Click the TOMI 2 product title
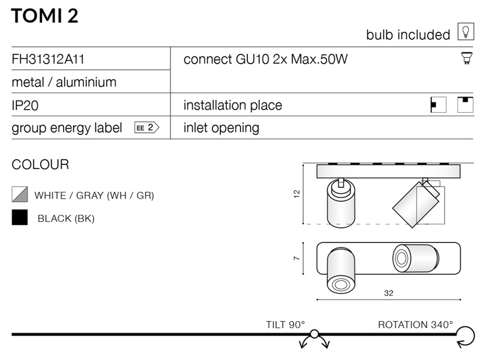click(x=44, y=16)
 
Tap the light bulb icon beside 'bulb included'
click(x=466, y=32)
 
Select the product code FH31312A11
click(x=48, y=59)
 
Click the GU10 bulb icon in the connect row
click(x=466, y=58)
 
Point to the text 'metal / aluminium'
click(x=64, y=82)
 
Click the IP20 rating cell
click(x=25, y=106)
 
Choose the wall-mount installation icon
click(x=438, y=105)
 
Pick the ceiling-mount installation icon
click(x=465, y=104)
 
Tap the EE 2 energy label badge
click(x=146, y=127)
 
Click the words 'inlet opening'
click(x=221, y=128)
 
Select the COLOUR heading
click(x=40, y=164)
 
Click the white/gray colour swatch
click(x=20, y=194)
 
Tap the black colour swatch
click(x=20, y=217)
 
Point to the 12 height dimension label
click(x=296, y=194)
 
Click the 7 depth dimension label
click(x=296, y=259)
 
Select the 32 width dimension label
click(x=388, y=293)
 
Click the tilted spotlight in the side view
click(x=416, y=204)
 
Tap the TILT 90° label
click(x=286, y=325)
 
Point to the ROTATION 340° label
click(x=415, y=325)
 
